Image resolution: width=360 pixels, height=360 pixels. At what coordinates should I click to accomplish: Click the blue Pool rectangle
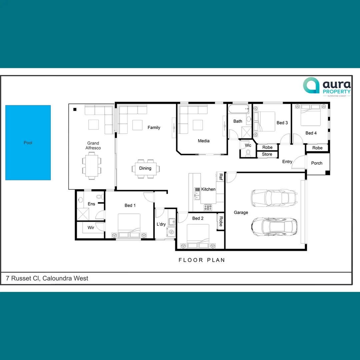pyautogui.click(x=28, y=143)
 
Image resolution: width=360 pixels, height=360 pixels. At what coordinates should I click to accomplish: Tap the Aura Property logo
pyautogui.click(x=327, y=86)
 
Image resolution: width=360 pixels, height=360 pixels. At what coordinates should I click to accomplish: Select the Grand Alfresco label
pyautogui.click(x=93, y=146)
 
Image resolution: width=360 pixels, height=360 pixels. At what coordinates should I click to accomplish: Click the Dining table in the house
pyautogui.click(x=145, y=168)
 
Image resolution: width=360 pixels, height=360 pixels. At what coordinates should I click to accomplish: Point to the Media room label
pyautogui.click(x=204, y=141)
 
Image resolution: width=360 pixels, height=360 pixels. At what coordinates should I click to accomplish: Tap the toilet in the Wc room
pyautogui.click(x=248, y=153)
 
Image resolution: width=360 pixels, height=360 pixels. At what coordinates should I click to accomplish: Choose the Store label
pyautogui.click(x=267, y=154)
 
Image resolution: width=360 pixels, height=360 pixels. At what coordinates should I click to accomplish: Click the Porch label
pyautogui.click(x=317, y=163)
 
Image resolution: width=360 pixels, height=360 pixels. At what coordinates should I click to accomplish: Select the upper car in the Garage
pyautogui.click(x=273, y=198)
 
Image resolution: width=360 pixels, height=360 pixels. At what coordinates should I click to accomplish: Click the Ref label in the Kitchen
pyautogui.click(x=221, y=177)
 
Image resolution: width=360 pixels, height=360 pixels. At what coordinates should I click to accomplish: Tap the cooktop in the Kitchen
pyautogui.click(x=208, y=207)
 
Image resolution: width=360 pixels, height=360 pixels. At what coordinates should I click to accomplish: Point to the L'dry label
pyautogui.click(x=161, y=224)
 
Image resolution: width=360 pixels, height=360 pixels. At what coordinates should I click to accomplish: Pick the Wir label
pyautogui.click(x=91, y=228)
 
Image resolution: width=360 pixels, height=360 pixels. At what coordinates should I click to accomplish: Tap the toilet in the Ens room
pyautogui.click(x=99, y=197)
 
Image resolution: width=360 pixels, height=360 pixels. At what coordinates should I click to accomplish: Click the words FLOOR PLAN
pyautogui.click(x=202, y=260)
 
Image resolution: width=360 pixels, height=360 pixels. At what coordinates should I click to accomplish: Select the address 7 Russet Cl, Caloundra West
pyautogui.click(x=47, y=278)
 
